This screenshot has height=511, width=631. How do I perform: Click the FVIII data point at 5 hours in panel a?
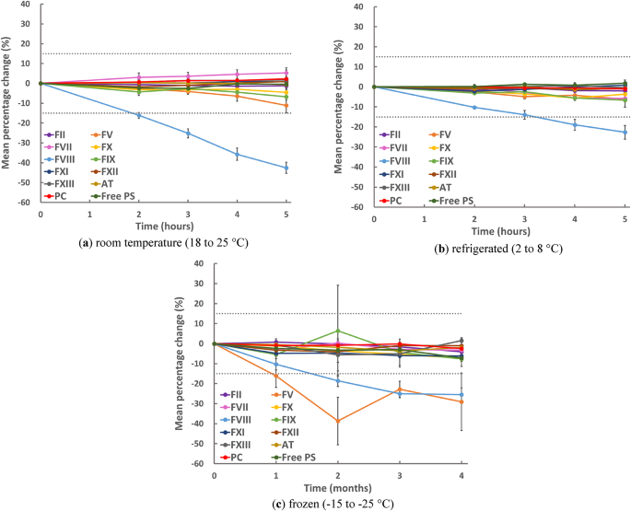(286, 168)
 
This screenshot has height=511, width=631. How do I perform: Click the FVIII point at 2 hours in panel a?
(139, 115)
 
